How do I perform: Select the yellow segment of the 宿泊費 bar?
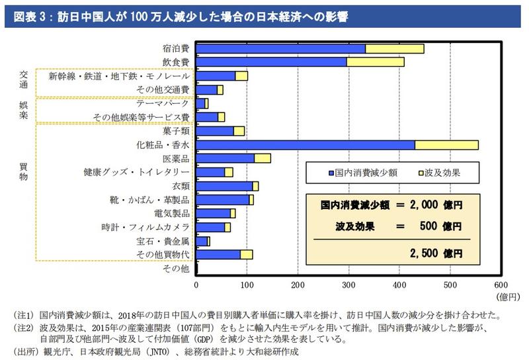(x=394, y=48)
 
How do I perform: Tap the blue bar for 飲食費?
(x=271, y=62)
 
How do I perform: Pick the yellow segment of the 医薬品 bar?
(x=263, y=158)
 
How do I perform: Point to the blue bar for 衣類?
(x=225, y=186)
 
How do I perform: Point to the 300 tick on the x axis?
(x=348, y=285)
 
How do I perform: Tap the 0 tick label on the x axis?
(x=196, y=285)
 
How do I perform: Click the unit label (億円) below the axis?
(x=498, y=296)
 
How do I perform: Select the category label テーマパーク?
(x=163, y=103)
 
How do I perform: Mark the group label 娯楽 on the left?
(x=24, y=109)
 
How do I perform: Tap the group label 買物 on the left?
(x=24, y=172)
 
